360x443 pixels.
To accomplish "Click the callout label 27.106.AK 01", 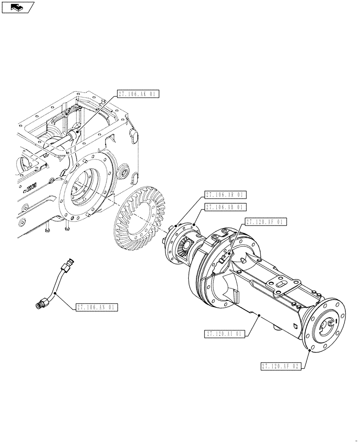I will (x=138, y=93).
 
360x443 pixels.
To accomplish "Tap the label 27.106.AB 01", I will (x=225, y=207).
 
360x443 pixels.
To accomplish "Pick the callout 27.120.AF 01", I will (x=266, y=222).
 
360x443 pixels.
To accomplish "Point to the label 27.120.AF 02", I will (x=281, y=366).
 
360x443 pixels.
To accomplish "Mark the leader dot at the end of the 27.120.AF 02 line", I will (x=309, y=350).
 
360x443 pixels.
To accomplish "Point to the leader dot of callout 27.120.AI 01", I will (x=260, y=315).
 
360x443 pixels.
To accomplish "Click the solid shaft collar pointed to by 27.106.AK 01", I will (x=74, y=134).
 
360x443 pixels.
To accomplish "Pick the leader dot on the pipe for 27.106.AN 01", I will (x=55, y=293).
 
